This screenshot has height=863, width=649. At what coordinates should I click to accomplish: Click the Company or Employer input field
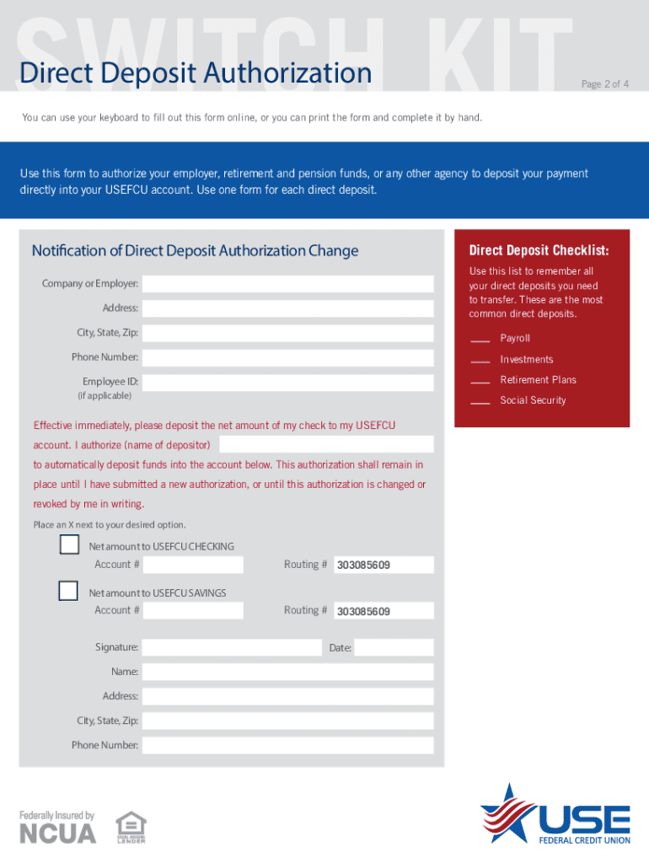287,284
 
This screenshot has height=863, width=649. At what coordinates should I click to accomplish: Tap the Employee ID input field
287,383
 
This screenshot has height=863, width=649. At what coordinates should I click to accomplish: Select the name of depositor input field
326,444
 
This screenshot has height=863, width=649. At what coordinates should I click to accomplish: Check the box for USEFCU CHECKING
69,545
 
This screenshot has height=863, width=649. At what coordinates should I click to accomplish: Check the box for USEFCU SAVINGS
69,592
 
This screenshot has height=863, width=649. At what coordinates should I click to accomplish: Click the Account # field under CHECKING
193,565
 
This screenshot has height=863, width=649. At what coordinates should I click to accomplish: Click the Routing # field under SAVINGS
383,610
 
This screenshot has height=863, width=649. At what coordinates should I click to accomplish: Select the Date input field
394,647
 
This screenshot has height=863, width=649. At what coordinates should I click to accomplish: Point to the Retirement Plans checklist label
538,380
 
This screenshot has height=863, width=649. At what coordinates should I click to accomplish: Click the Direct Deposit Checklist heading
539,250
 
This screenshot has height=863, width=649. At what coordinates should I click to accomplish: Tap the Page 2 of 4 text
604,84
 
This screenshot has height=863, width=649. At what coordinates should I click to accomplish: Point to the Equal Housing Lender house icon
130,823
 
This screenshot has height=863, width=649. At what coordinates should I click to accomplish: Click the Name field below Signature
287,672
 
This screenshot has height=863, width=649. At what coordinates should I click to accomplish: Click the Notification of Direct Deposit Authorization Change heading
195,251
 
